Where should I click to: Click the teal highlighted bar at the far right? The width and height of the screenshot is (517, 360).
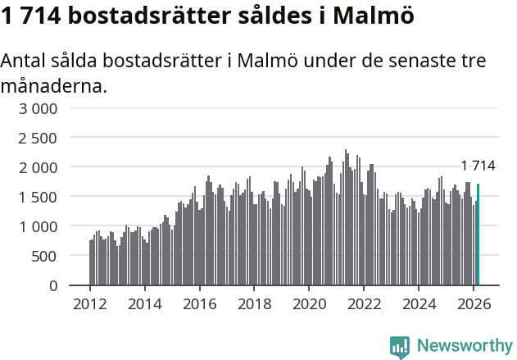[x=478, y=235]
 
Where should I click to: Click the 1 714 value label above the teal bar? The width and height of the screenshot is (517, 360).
[x=478, y=166]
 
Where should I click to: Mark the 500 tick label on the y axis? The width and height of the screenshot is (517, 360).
[x=45, y=256]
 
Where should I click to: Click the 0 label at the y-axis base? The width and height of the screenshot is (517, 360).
[x=53, y=285]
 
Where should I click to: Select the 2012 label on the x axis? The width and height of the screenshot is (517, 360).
[x=90, y=303]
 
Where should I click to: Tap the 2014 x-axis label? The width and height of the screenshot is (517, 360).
[x=145, y=303]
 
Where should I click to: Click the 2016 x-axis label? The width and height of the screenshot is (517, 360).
[x=200, y=303]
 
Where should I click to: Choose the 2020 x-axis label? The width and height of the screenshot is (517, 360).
[x=310, y=303]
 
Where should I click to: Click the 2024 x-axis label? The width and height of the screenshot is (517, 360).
[x=419, y=303]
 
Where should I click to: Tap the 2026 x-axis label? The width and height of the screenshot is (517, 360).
[x=474, y=303]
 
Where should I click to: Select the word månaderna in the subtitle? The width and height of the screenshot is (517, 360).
[x=53, y=85]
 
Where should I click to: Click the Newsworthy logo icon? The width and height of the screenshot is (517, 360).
[x=400, y=347]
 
